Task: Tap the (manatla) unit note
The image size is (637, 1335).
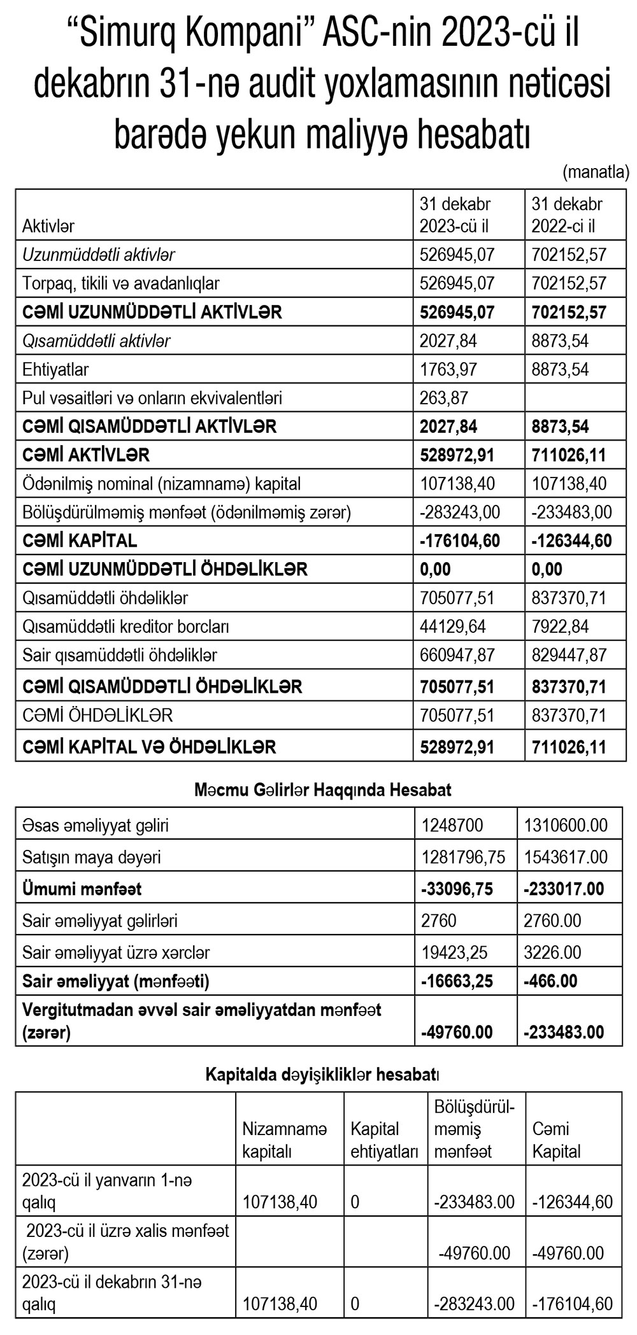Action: coord(596,171)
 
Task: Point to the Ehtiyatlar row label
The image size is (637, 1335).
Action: coord(55,369)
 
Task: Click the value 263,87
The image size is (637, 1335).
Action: coord(444,398)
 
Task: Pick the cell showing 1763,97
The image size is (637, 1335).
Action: coord(448,369)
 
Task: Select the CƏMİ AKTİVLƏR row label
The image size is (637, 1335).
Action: coord(86,455)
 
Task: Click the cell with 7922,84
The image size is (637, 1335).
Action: coord(560,626)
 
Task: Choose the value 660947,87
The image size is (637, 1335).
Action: coord(457,655)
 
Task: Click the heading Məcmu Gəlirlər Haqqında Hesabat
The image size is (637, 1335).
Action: coord(323,791)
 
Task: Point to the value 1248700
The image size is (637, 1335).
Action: coord(452,826)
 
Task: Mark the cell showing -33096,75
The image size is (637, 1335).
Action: coord(457,889)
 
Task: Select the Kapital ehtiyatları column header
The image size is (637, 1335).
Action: coord(384,1140)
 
